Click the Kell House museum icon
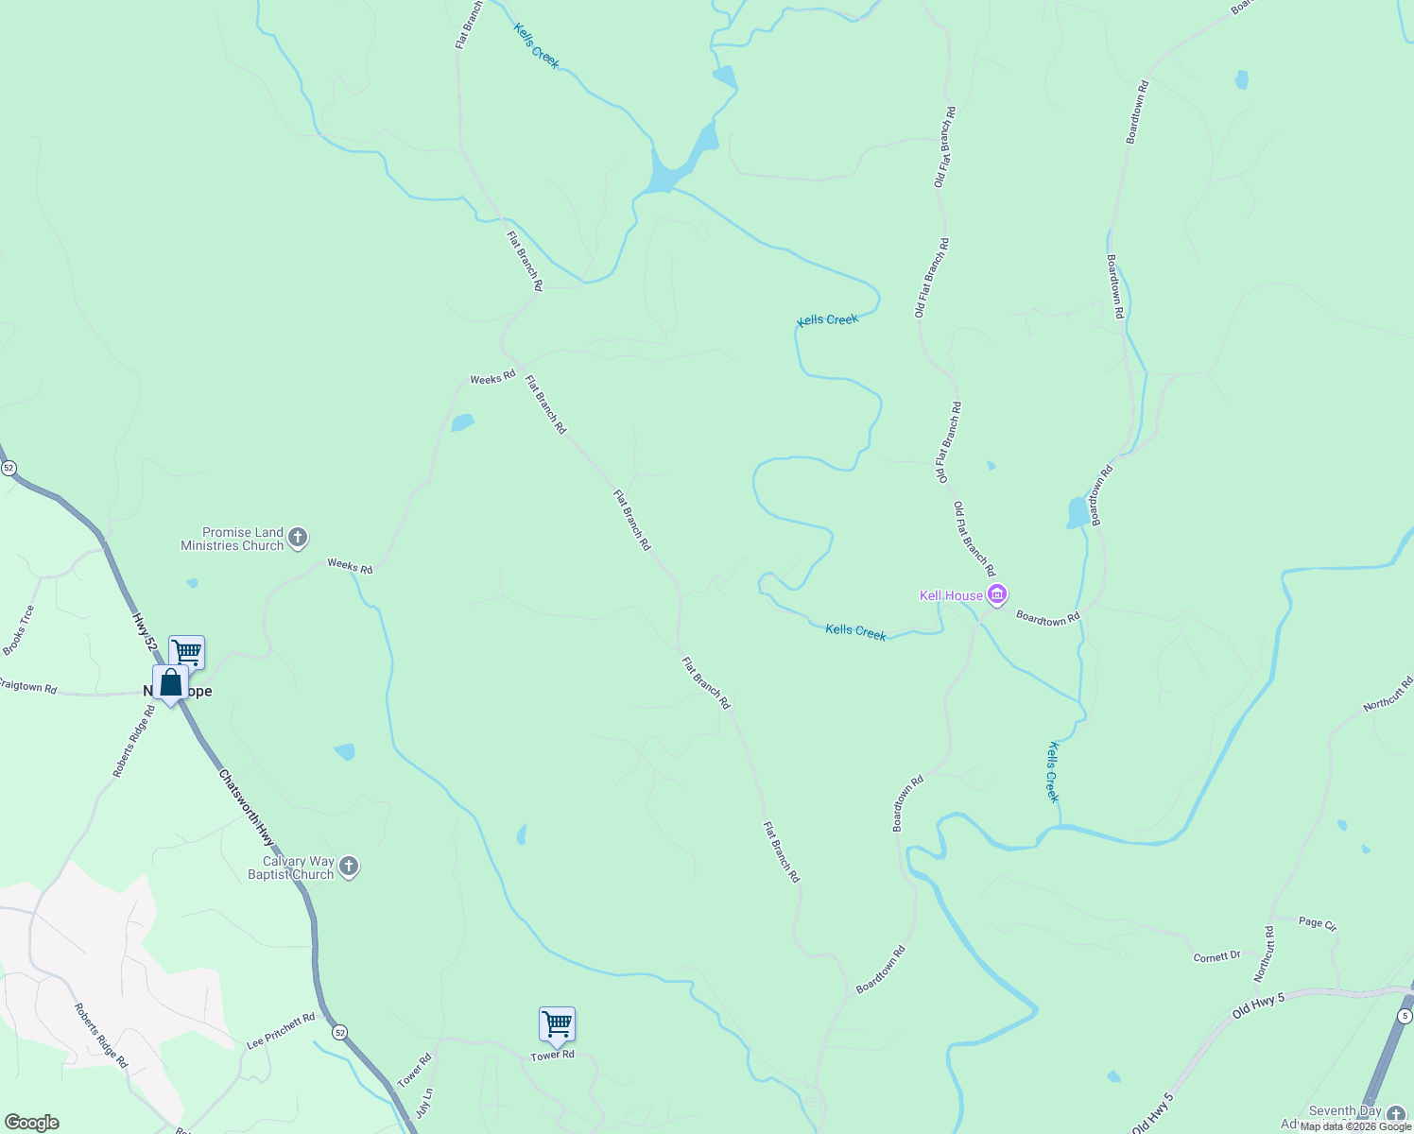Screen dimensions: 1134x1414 pos(996,594)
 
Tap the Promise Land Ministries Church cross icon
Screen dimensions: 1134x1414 pos(298,539)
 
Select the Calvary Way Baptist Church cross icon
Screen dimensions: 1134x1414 pos(349,867)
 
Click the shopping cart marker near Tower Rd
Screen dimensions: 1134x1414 pos(557,1023)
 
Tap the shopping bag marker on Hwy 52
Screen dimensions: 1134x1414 pos(171,682)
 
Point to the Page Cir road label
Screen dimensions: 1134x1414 pos(1318,923)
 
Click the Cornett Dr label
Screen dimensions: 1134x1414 pos(1216,956)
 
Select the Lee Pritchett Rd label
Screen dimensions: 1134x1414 pos(281,1032)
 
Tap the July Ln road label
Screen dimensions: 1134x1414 pos(425,1103)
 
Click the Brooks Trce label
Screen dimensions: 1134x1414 pos(18,630)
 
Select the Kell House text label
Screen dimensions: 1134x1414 pos(951,595)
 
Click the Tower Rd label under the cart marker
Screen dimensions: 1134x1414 pos(552,1056)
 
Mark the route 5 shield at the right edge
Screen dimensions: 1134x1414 pos(1404,1015)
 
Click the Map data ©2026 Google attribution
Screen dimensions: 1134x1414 pos(1355,1125)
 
